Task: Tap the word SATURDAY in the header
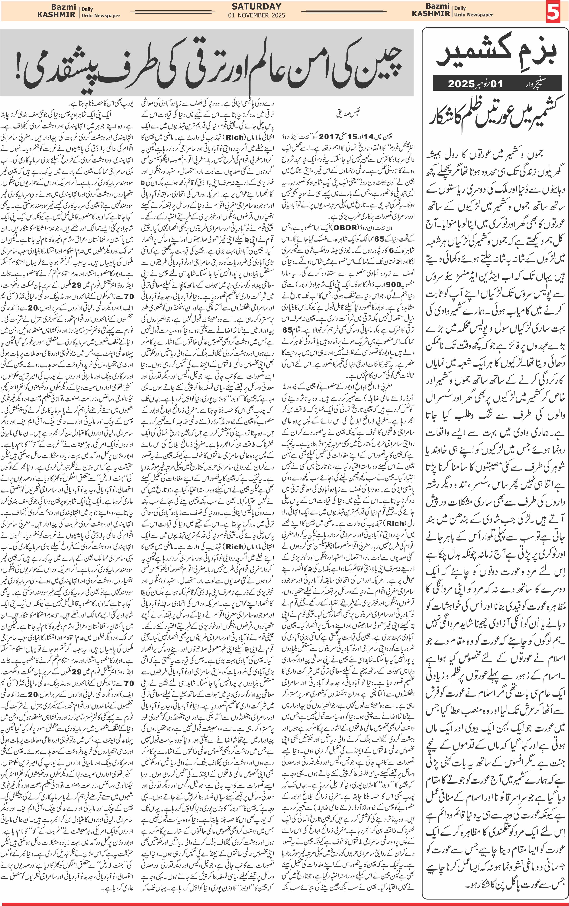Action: point(256,6)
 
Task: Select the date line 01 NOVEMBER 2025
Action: point(256,15)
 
